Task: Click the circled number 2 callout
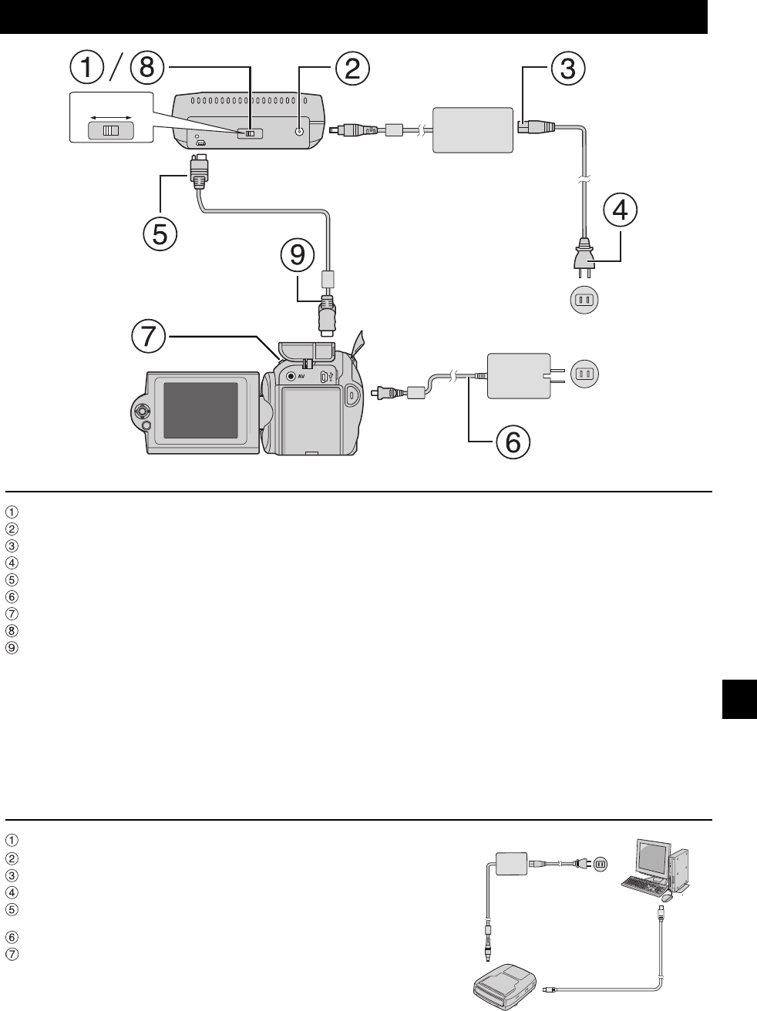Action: click(x=351, y=69)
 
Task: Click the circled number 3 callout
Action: click(x=567, y=69)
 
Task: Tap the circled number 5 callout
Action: click(x=159, y=233)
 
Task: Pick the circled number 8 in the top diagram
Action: click(x=147, y=68)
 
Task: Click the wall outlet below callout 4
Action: click(x=584, y=299)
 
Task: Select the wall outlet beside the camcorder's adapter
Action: click(x=584, y=374)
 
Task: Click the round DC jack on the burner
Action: click(x=301, y=132)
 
